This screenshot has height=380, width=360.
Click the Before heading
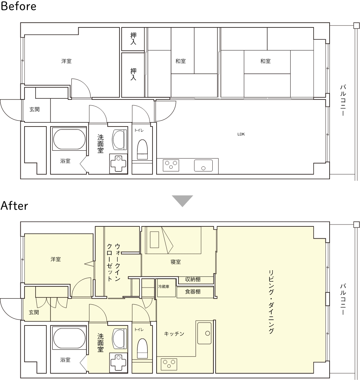[x=19, y=6]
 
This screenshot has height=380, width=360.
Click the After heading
[x=14, y=206]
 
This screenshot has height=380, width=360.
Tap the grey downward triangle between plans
[x=182, y=201]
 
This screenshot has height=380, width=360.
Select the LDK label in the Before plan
[x=241, y=134]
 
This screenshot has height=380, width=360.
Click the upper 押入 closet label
[x=133, y=39]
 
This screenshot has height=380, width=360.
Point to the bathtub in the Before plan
[x=69, y=140]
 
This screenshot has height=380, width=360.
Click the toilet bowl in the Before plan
[x=142, y=150]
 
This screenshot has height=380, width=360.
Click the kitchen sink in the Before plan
[x=203, y=165]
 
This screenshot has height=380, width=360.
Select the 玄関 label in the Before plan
[x=35, y=109]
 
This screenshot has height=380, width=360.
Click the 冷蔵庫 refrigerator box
[x=166, y=288]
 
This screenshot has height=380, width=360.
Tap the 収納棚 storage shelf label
[x=193, y=279]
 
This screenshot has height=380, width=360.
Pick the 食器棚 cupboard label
[x=193, y=292]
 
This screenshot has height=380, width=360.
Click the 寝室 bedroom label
[x=176, y=262]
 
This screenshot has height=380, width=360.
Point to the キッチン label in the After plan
[x=174, y=334]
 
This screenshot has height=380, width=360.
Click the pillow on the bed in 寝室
[x=154, y=240]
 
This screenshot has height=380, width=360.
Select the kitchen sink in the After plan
[x=204, y=333]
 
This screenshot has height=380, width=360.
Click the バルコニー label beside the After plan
[x=343, y=299]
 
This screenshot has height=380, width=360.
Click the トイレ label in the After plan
[x=139, y=330]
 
